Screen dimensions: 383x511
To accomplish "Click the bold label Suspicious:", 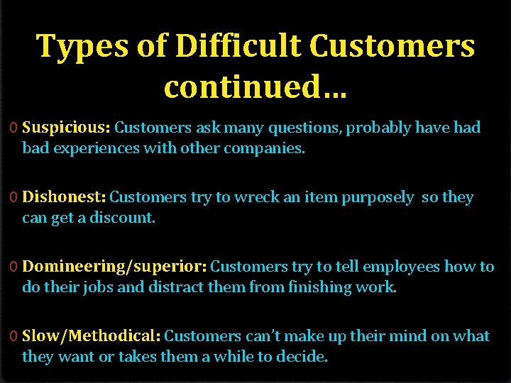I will pyautogui.click(x=66, y=128).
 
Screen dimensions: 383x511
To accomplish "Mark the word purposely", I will pyautogui.click(x=378, y=198).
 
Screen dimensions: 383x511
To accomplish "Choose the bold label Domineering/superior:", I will pyautogui.click(x=114, y=267).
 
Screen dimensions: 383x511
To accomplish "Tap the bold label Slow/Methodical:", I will pyautogui.click(x=91, y=336).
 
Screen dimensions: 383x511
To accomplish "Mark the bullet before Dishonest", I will pyautogui.click(x=14, y=198).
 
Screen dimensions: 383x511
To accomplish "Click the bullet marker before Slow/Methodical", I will pyautogui.click(x=14, y=336).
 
